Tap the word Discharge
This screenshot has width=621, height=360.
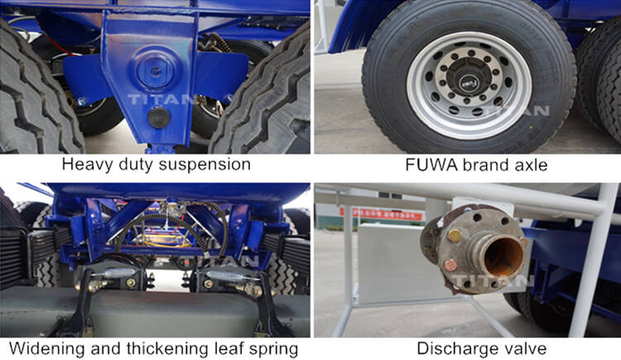point(451,348)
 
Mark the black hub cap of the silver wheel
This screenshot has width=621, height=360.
point(469,83)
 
